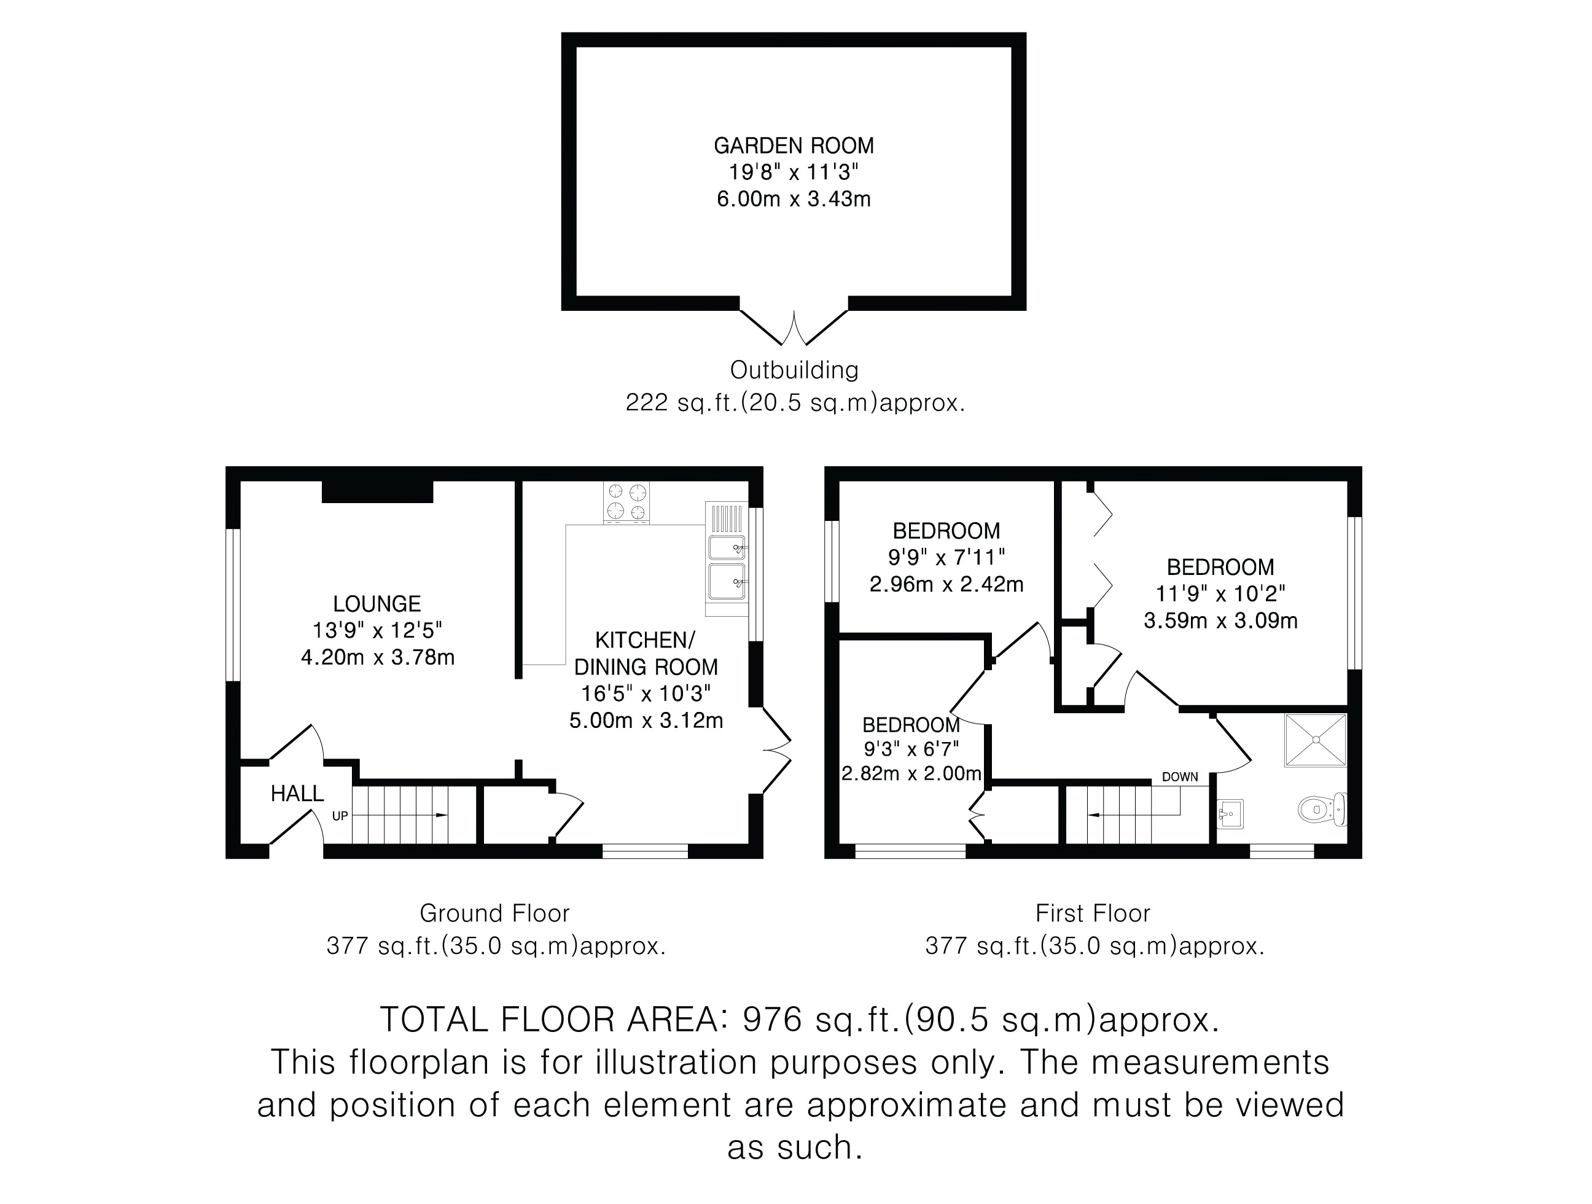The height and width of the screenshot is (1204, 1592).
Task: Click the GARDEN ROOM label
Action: point(794,146)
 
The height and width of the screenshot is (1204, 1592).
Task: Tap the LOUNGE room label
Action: point(377,603)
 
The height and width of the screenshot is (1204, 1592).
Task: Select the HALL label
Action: point(297,793)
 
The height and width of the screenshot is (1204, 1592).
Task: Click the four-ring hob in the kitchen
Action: point(626,502)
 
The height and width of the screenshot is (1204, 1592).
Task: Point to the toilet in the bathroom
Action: point(1322,809)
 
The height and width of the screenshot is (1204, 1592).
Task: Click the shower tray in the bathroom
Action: point(1316,740)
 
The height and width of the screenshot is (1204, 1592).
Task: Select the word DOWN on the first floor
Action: point(1180,777)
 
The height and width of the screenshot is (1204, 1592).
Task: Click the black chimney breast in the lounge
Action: point(377,491)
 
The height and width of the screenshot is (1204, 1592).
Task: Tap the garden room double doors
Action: point(794,327)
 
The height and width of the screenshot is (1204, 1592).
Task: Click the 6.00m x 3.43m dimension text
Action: point(794,198)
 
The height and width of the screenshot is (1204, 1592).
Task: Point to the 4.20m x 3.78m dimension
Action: point(378,657)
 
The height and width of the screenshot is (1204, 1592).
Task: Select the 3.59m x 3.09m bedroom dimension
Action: point(1220,620)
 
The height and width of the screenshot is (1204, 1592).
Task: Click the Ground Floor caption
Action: point(495,913)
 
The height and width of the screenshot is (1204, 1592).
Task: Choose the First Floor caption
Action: point(1093,913)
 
